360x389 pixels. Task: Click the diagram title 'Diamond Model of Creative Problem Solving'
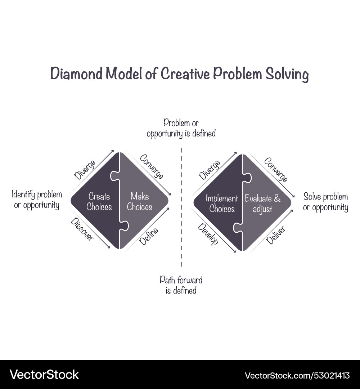(x=179, y=74)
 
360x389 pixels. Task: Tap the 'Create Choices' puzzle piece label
(x=99, y=202)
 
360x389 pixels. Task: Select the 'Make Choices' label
(x=139, y=201)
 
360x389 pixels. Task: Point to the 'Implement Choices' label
(x=222, y=204)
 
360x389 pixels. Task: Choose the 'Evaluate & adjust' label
(x=262, y=204)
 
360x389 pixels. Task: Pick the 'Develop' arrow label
(x=208, y=234)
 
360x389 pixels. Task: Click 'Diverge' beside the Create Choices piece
(x=85, y=170)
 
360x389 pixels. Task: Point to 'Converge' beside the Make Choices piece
(x=152, y=166)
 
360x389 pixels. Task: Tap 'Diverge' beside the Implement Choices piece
(x=210, y=170)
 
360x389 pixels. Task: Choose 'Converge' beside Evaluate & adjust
(x=276, y=170)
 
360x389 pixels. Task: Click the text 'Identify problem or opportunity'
(x=37, y=200)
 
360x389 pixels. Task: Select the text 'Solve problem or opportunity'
(x=325, y=202)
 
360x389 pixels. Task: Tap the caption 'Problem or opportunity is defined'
(x=181, y=128)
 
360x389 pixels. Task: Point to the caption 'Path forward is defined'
(x=181, y=285)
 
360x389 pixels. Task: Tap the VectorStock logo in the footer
(x=44, y=375)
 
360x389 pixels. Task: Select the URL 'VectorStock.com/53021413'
(x=297, y=375)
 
